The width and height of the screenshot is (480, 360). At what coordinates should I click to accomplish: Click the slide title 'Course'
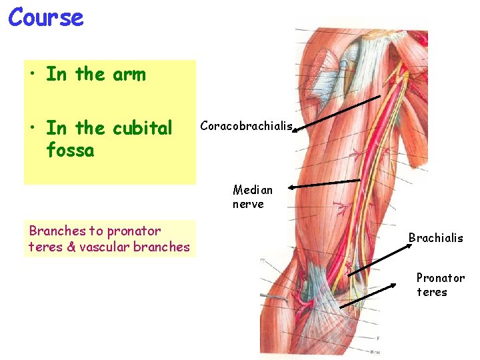46,17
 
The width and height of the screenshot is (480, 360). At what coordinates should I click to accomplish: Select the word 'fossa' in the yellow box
70,150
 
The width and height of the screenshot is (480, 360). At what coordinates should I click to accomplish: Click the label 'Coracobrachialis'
246,125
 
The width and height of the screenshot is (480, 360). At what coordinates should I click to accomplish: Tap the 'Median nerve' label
253,197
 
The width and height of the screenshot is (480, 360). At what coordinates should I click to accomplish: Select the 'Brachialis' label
435,238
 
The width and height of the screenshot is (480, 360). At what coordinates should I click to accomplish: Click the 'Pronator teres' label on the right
440,285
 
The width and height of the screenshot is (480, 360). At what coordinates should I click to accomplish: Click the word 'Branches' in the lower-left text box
57,231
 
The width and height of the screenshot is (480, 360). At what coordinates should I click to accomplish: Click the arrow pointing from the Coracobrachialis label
337,113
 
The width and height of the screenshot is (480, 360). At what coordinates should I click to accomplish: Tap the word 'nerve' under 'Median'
248,204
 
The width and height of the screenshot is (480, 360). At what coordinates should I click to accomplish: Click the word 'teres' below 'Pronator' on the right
431,292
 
